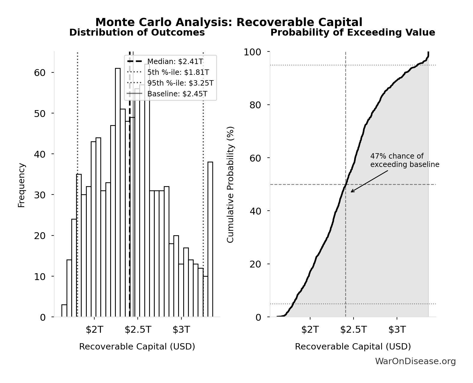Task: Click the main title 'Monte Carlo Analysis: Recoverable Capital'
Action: (x=229, y=22)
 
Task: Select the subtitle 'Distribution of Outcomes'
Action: (x=137, y=32)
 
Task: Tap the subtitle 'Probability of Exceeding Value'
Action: (x=353, y=32)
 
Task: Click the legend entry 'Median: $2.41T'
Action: (x=175, y=62)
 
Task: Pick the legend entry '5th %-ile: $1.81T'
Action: (x=178, y=72)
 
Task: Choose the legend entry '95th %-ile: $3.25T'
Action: (x=180, y=83)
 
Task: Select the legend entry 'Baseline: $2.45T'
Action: (x=177, y=94)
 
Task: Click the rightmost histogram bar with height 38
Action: (x=210, y=239)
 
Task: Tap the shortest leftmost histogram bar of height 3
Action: (x=64, y=311)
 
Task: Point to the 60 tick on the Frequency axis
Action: (x=40, y=73)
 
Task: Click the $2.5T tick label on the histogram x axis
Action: (x=138, y=330)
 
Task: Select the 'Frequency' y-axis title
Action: (x=22, y=185)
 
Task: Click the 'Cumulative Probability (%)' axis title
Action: (x=230, y=184)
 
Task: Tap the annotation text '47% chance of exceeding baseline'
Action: (x=404, y=160)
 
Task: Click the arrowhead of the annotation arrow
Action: (x=351, y=192)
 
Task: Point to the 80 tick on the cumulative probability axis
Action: (x=255, y=105)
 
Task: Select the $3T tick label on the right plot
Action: (x=397, y=330)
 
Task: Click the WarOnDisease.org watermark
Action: (x=415, y=361)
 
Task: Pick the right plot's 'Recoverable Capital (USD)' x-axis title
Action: (x=353, y=346)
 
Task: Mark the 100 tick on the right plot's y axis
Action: (x=252, y=52)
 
